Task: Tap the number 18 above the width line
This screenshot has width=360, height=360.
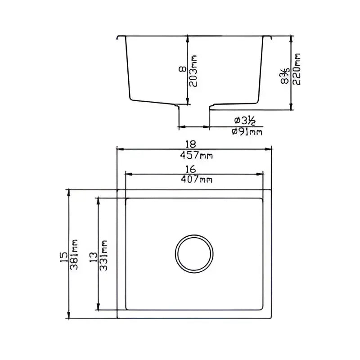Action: (190, 144)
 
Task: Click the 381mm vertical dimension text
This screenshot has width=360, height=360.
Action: (75, 254)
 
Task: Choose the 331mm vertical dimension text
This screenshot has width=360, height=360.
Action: (103, 254)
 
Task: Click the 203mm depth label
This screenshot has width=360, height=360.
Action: (193, 72)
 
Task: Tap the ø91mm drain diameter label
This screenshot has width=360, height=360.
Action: (247, 132)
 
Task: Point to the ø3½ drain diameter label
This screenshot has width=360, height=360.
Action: (245, 121)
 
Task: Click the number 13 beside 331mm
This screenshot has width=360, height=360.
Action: (93, 256)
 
